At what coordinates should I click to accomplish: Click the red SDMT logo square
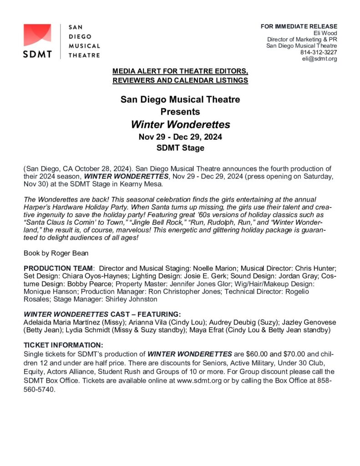(x=38, y=35)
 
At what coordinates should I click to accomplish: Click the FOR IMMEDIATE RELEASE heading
(x=299, y=26)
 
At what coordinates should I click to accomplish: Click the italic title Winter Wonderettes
(x=180, y=124)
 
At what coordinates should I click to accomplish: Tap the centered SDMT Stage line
(x=180, y=147)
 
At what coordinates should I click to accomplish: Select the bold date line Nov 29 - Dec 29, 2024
(x=180, y=137)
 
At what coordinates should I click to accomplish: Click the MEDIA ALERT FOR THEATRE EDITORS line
(x=180, y=72)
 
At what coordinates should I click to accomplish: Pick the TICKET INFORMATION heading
(x=63, y=345)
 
